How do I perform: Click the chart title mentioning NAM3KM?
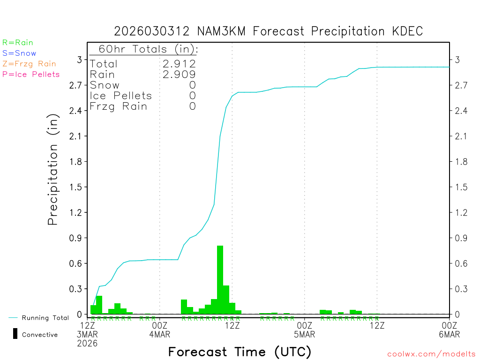click(269, 31)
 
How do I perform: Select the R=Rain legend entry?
click(18, 43)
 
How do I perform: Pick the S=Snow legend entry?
click(19, 53)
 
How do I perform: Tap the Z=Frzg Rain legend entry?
click(29, 64)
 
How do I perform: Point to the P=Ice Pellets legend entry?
click(31, 75)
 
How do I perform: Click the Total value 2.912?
click(178, 64)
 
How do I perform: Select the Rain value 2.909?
click(178, 75)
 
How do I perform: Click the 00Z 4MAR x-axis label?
click(160, 330)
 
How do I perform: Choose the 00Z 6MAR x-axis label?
click(449, 330)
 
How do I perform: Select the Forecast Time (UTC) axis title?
click(240, 352)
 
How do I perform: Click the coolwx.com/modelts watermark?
click(431, 354)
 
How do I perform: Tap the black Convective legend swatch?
click(15, 334)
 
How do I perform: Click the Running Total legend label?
click(45, 318)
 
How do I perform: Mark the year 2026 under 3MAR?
click(88, 343)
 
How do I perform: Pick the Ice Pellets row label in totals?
click(121, 96)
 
